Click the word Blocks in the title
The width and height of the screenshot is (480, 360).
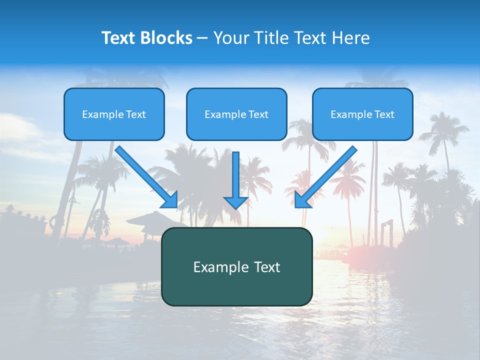click(167, 38)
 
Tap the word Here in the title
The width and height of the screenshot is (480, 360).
click(351, 38)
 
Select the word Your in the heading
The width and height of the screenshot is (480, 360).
click(230, 38)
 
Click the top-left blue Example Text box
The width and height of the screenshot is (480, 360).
click(114, 114)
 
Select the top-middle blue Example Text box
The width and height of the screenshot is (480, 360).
click(236, 114)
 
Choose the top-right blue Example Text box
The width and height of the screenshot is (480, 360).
click(362, 114)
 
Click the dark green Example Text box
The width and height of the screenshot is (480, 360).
click(236, 267)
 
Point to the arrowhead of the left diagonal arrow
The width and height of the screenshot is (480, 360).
click(170, 200)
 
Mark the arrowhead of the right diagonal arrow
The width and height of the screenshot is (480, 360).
click(301, 200)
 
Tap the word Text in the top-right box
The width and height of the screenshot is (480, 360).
click(384, 114)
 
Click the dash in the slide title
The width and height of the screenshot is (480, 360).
click(202, 38)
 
